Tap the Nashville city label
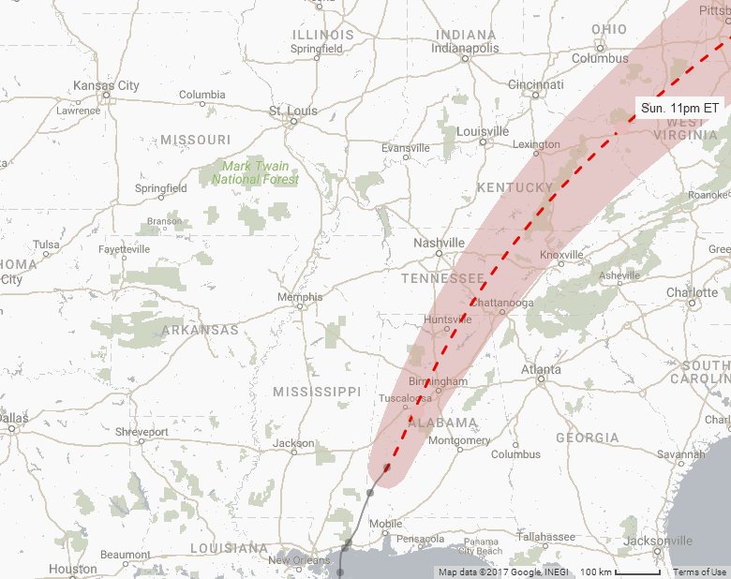pyautogui.click(x=439, y=243)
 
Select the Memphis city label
pyautogui.click(x=300, y=297)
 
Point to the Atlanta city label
pyautogui.click(x=541, y=369)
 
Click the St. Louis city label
pyautogui.click(x=292, y=111)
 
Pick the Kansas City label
pyautogui.click(x=106, y=86)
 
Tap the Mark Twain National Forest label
pyautogui.click(x=255, y=172)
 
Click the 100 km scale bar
pyautogui.click(x=619, y=572)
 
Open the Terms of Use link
pyautogui.click(x=699, y=572)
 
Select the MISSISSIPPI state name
pyautogui.click(x=316, y=391)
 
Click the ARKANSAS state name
pyautogui.click(x=200, y=330)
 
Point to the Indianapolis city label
pyautogui.click(x=466, y=48)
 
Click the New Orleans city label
pyautogui.click(x=300, y=560)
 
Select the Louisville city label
pyautogui.click(x=483, y=131)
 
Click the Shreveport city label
pyautogui.click(x=142, y=432)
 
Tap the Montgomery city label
pyautogui.click(x=458, y=440)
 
